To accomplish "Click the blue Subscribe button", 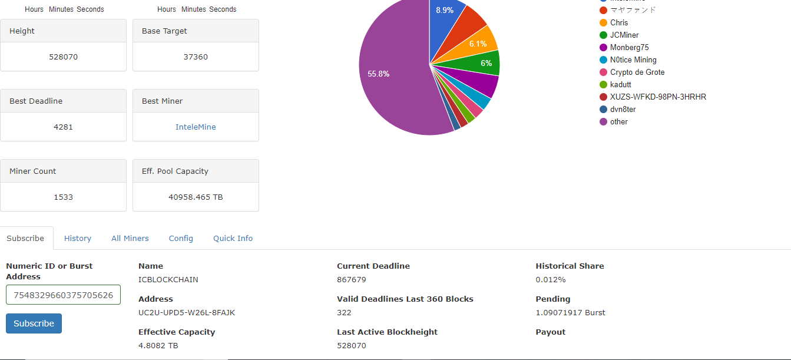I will click(34, 323).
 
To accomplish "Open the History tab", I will click(78, 238).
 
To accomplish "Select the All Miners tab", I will click(130, 238).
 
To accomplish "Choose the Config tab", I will click(181, 238).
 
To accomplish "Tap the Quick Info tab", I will click(233, 238).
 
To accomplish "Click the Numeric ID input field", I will click(63, 295).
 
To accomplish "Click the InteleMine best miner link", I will click(196, 127).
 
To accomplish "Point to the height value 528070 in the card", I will click(63, 57).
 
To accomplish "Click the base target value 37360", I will click(196, 57).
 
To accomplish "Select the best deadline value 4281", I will click(63, 127).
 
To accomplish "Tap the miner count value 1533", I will click(63, 197).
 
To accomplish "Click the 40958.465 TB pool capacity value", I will click(196, 197).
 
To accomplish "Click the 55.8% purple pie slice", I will click(389, 77).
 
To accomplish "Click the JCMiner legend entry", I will click(624, 35).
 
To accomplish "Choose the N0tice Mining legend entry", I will click(633, 60).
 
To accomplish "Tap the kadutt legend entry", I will click(620, 85).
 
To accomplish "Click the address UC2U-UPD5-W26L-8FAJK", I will click(186, 312).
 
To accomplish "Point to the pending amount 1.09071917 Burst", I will click(570, 312).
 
